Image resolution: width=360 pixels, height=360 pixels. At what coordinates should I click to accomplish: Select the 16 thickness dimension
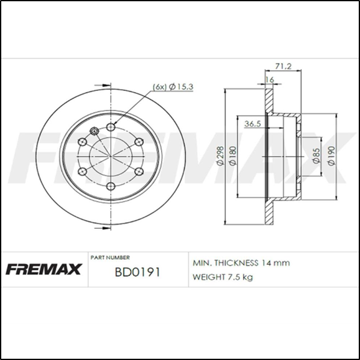(x=269, y=80)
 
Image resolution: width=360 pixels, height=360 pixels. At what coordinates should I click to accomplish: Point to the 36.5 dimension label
(x=252, y=124)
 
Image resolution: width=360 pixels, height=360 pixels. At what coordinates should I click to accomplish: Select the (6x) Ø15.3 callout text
(x=173, y=86)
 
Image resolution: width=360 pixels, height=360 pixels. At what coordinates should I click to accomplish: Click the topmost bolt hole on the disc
(x=111, y=127)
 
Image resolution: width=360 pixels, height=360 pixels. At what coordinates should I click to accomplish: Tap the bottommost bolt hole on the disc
(x=111, y=186)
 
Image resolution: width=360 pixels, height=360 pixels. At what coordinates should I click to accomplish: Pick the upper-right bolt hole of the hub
(x=139, y=142)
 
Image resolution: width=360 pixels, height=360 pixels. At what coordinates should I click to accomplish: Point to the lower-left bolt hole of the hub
(x=83, y=172)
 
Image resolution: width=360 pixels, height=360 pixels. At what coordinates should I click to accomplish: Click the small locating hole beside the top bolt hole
(x=95, y=131)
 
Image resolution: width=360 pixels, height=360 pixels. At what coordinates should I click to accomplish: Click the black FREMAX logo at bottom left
(x=44, y=270)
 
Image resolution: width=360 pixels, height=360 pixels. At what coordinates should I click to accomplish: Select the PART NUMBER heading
(x=110, y=257)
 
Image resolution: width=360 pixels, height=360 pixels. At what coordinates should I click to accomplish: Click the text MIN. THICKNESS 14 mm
(x=241, y=263)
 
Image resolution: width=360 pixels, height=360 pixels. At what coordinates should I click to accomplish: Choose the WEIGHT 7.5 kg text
(x=223, y=277)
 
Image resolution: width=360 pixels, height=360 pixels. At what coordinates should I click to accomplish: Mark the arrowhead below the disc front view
(x=97, y=228)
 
